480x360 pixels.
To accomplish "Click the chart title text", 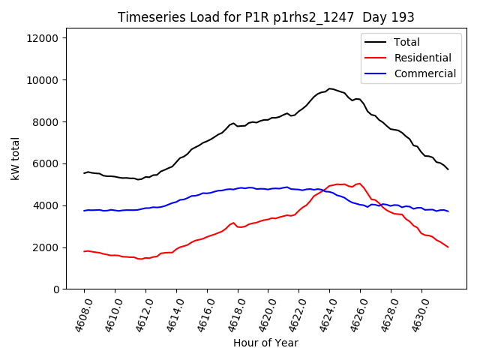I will click(266, 17).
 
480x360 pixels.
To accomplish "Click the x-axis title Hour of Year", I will click(265, 343).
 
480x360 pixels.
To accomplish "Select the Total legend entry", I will click(407, 42).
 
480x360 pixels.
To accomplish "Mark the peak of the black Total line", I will click(330, 88).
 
